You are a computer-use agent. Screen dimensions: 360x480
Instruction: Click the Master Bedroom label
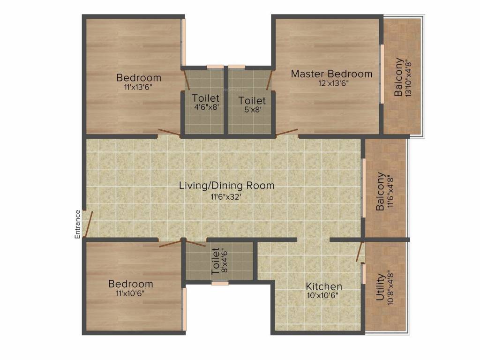point(331,74)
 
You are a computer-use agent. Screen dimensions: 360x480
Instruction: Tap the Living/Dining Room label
point(226,185)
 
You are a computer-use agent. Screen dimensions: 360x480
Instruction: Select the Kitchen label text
point(324,286)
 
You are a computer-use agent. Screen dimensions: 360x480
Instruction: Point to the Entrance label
point(78,224)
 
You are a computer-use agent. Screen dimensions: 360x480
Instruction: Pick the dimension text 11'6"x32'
point(226,197)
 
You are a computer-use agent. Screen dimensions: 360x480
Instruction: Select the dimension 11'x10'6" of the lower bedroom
point(130,293)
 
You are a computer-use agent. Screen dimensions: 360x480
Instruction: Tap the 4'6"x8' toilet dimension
point(205,107)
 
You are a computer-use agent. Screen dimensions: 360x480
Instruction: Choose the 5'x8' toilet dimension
point(252,109)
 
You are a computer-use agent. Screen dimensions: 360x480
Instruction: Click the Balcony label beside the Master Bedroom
point(398,77)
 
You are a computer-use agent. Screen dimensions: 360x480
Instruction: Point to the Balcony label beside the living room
point(381,191)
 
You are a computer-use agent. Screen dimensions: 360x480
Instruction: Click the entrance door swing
point(89,224)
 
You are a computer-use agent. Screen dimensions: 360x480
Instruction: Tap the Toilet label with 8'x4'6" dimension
point(215,261)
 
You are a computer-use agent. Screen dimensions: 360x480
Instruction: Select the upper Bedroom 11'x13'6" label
point(139,77)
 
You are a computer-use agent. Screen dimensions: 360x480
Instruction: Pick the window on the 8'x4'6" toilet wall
point(219,283)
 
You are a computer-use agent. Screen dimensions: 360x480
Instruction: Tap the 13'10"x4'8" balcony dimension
point(409,77)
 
